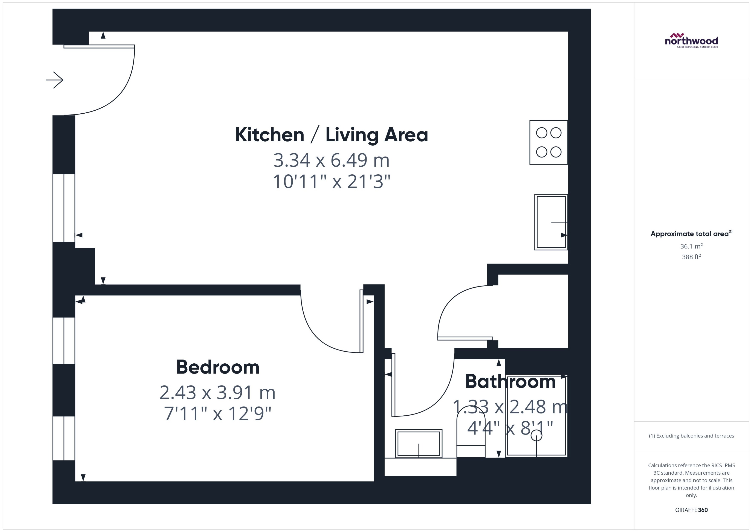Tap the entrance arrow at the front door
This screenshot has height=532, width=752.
tap(55, 80)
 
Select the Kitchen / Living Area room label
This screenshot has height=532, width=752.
tap(331, 135)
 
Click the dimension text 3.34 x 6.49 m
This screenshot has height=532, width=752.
tap(331, 160)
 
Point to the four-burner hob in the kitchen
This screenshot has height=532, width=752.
tap(549, 142)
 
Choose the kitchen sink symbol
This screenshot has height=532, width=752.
tap(551, 222)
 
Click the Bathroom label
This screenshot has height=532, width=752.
tap(510, 382)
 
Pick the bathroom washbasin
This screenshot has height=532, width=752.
tap(419, 443)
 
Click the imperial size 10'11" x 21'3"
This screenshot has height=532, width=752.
tap(331, 181)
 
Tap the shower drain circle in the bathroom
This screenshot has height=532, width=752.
tap(536, 435)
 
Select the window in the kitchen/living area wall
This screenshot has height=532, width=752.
tap(64, 208)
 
